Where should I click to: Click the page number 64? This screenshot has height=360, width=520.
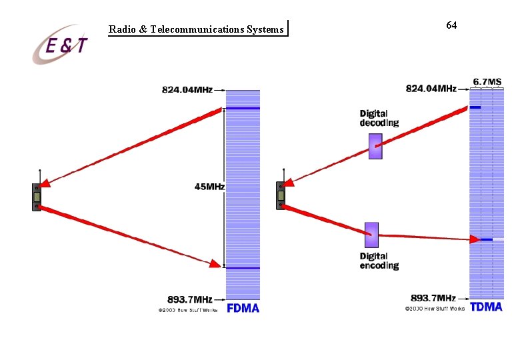[x=451, y=25]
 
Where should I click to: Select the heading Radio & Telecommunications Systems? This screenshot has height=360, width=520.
[x=196, y=29]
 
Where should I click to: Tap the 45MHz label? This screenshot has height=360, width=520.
[x=209, y=187]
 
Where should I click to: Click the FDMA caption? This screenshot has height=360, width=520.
[x=243, y=308]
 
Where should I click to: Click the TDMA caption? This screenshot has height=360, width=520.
[x=487, y=307]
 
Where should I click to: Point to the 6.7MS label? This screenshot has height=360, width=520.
[x=487, y=82]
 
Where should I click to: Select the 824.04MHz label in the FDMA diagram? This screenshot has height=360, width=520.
[x=187, y=89]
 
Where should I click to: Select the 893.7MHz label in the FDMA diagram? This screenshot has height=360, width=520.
[x=190, y=298]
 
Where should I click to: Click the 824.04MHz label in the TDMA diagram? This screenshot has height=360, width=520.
[x=431, y=88]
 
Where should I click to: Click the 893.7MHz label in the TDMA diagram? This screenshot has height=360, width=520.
[x=433, y=297]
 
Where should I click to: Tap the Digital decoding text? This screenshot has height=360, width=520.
[x=379, y=118]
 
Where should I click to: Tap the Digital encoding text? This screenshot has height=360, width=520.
[x=379, y=261]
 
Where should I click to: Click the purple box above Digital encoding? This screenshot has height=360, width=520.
[x=371, y=235]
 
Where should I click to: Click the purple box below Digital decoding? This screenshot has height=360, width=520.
[x=376, y=146]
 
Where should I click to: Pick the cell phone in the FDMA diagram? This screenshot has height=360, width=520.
[x=37, y=196]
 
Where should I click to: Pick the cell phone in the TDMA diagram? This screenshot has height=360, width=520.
[x=281, y=195]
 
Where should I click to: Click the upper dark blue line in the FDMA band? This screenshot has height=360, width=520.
[x=243, y=108]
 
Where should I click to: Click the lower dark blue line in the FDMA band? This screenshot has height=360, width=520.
[x=243, y=268]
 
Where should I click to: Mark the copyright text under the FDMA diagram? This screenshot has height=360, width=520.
[x=187, y=310]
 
